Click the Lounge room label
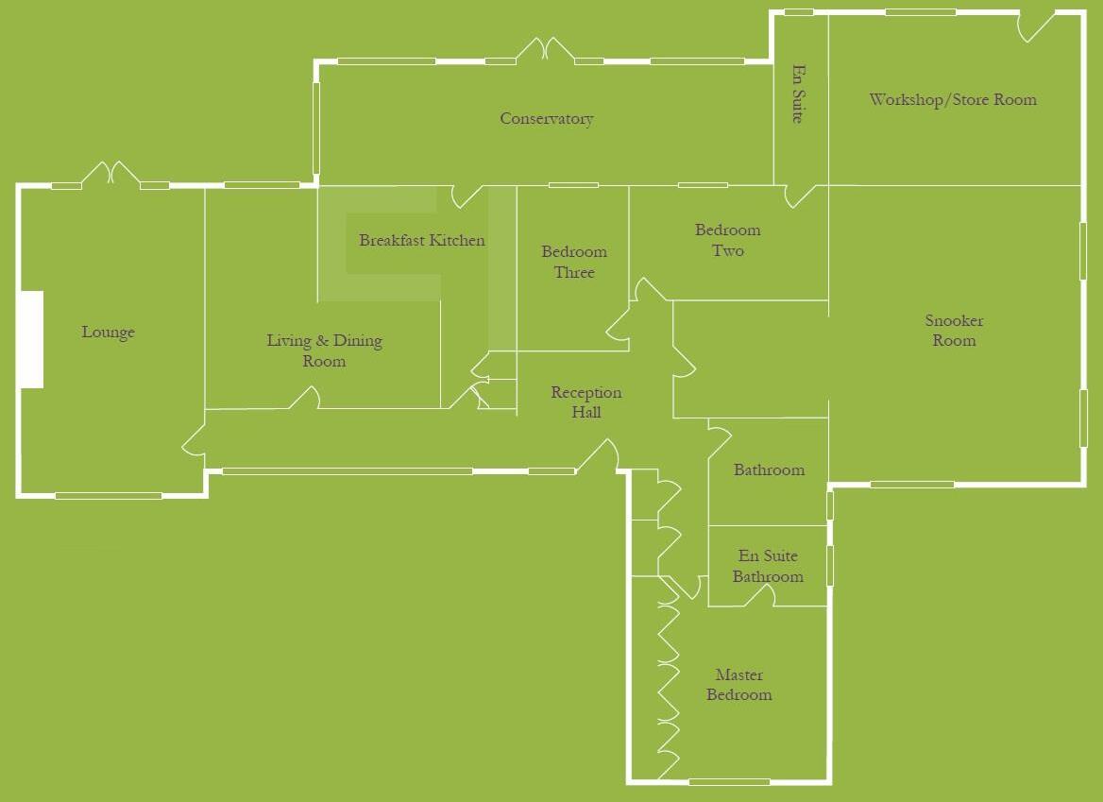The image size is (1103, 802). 108,333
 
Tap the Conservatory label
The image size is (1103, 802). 546,119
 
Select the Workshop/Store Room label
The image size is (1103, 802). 953,99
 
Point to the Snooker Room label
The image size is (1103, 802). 954,331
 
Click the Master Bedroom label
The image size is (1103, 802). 739,685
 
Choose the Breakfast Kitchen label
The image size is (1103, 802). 421,241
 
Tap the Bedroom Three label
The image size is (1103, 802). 574,262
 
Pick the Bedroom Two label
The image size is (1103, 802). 727,240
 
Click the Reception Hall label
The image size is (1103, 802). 585,401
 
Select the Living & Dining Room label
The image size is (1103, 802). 324,350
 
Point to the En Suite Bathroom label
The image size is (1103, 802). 768,566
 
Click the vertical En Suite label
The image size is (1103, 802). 798,94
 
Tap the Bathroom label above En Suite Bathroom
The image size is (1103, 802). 769,469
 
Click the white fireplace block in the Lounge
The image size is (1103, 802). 31,339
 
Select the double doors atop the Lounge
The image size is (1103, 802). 110,175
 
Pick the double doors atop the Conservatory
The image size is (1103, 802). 545,50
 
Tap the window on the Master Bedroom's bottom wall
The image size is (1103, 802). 729,781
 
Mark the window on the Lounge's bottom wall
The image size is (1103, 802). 108,495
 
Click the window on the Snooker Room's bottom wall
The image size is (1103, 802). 912,485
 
